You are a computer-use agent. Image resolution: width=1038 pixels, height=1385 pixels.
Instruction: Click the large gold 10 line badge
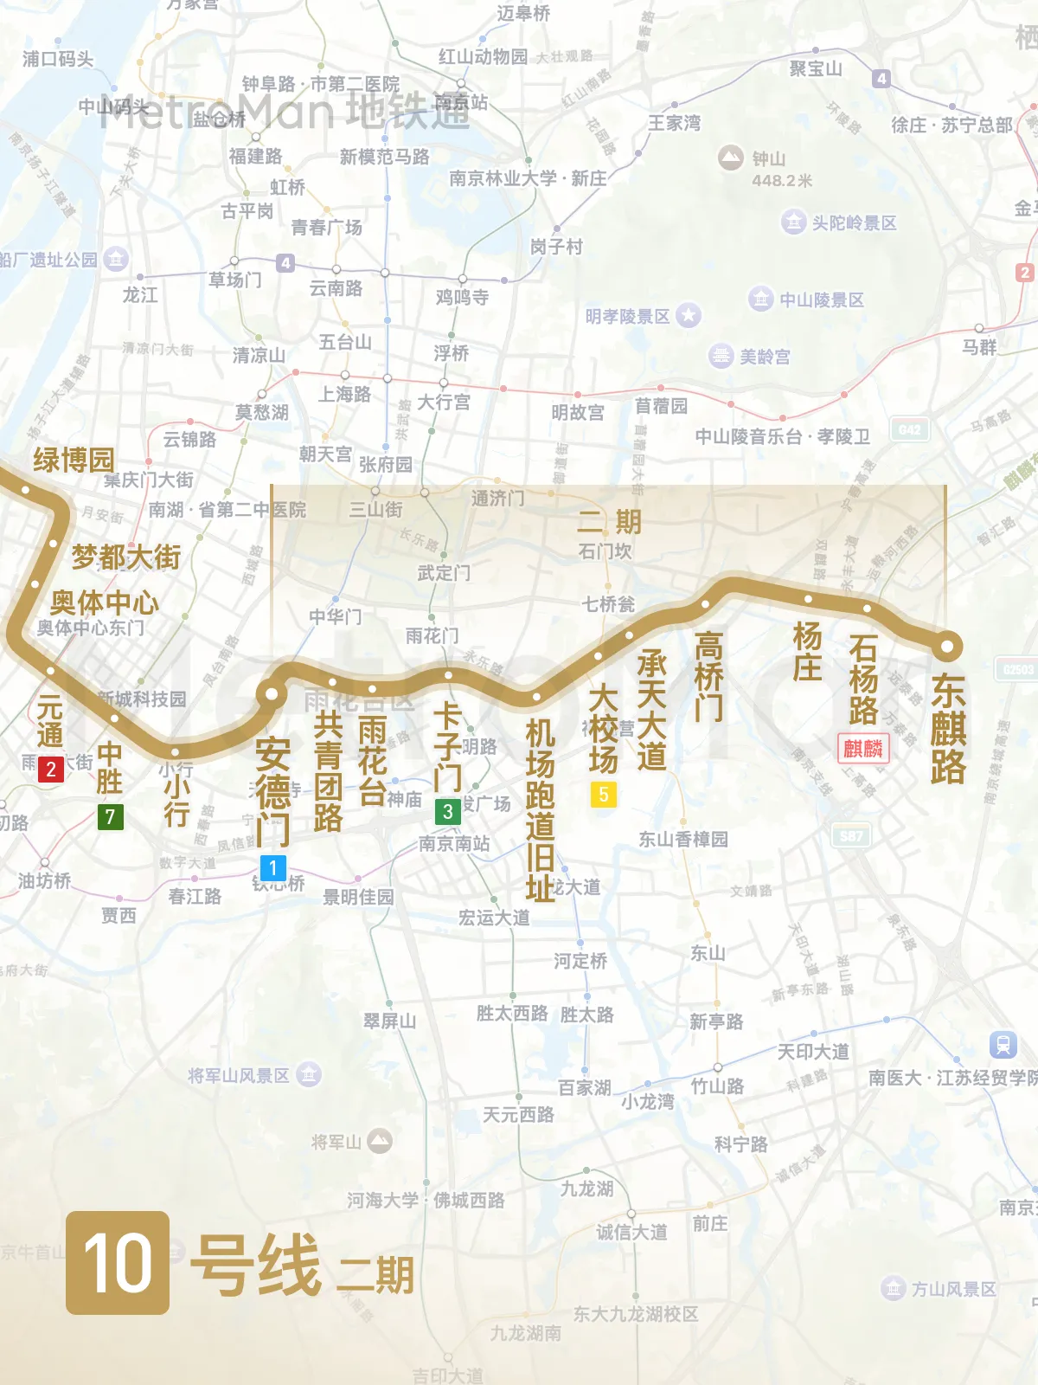point(118,1262)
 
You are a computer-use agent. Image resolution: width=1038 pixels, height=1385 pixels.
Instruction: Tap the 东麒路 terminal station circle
point(947,645)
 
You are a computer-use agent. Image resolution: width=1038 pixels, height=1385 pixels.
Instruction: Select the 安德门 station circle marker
point(272,693)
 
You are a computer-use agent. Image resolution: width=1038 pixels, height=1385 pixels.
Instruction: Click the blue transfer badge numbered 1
point(272,867)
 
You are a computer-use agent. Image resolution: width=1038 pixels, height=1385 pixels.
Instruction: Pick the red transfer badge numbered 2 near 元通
point(51,769)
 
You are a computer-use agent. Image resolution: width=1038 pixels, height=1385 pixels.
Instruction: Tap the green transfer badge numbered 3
point(447,811)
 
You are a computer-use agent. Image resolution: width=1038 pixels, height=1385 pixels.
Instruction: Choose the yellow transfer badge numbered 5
point(603,794)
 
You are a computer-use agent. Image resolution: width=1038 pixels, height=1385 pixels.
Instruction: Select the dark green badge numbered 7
point(110,816)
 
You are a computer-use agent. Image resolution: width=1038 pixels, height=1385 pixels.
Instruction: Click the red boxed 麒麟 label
point(862,748)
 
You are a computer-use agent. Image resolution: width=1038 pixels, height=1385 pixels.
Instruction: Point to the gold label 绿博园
point(74,460)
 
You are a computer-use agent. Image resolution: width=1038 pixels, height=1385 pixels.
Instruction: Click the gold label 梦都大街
point(125,557)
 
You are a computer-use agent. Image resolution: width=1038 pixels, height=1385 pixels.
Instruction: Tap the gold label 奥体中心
point(104,602)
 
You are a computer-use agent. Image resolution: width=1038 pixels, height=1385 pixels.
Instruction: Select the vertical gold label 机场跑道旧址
point(541,810)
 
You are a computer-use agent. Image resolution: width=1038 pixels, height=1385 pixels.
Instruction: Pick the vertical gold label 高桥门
point(708,676)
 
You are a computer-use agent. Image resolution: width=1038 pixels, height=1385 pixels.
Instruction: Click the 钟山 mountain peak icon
point(731,157)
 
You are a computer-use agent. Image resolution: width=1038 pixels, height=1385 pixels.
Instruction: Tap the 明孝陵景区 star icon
point(689,315)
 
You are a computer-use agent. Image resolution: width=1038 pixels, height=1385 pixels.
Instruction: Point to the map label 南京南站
point(454,843)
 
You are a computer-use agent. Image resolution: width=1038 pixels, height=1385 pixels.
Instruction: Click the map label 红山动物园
point(483,56)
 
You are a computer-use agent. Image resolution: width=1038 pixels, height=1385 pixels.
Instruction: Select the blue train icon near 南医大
point(1003,1044)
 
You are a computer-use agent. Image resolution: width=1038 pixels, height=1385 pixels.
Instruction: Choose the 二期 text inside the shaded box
point(609,521)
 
